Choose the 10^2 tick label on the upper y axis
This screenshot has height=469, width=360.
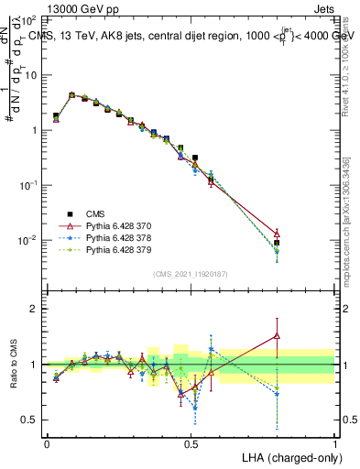coord(28,19)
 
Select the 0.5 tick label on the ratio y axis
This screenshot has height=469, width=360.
coord(30,420)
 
